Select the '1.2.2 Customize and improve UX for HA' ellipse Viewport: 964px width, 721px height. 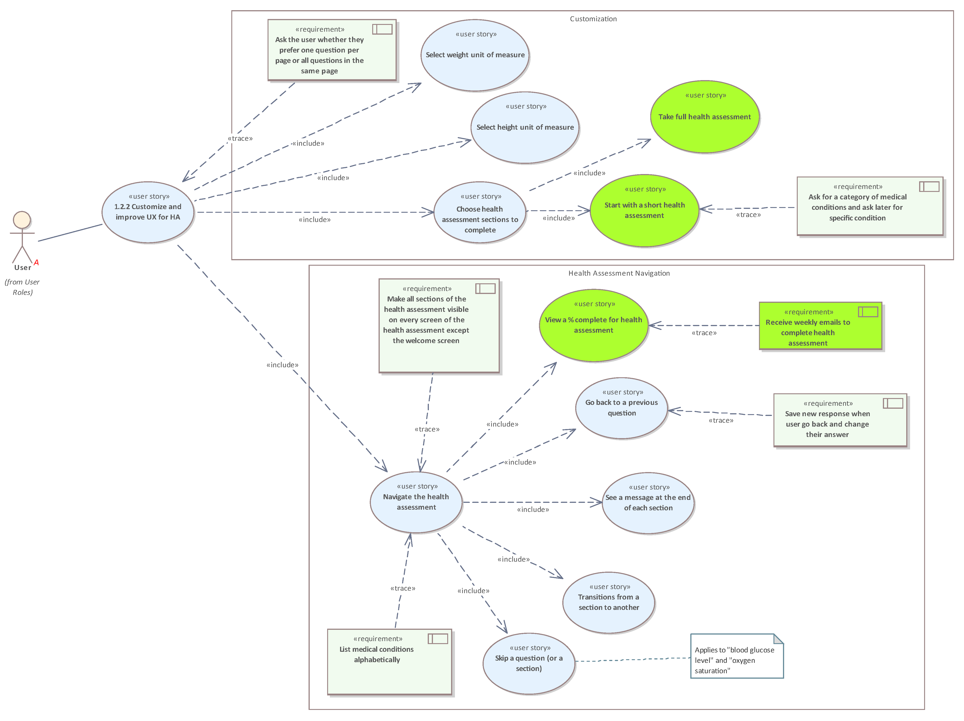(x=148, y=212)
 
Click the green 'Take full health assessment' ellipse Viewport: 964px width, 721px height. (x=704, y=117)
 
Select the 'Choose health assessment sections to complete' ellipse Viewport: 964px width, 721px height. (x=480, y=212)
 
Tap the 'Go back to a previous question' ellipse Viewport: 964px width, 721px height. (x=621, y=408)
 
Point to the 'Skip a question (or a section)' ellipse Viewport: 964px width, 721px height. (x=529, y=664)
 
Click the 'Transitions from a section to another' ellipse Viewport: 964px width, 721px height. (x=608, y=602)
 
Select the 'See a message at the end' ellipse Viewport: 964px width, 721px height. (x=648, y=503)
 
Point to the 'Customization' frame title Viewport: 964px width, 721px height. (x=593, y=19)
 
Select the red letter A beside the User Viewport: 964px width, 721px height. (x=36, y=262)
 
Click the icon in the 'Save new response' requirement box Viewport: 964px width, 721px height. (x=893, y=403)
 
